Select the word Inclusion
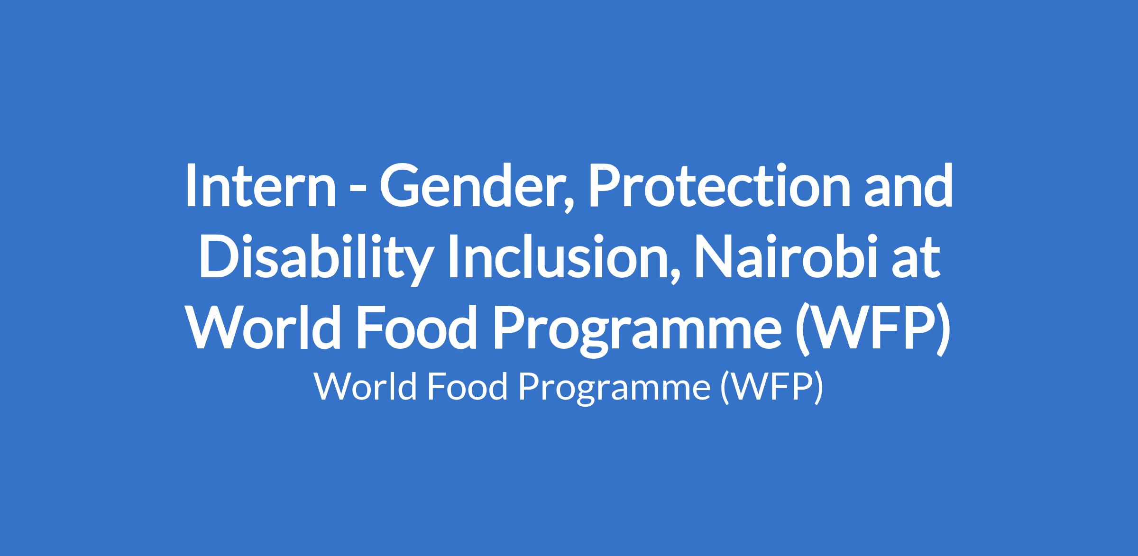[559, 256]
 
